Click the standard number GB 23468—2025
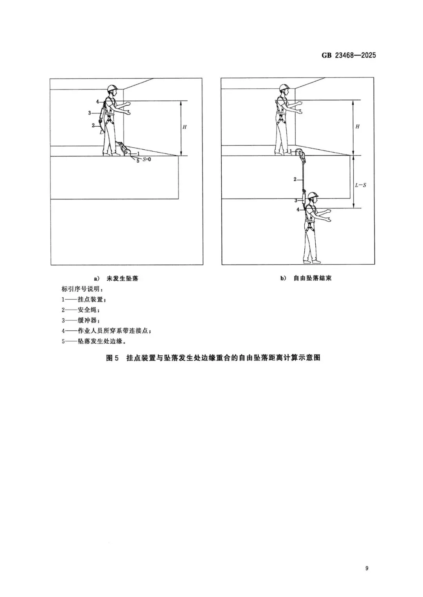pyautogui.click(x=349, y=55)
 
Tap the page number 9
pyautogui.click(x=367, y=568)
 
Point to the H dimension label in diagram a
pyautogui.click(x=184, y=127)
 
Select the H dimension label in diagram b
pyautogui.click(x=357, y=127)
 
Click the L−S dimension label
pyautogui.click(x=360, y=185)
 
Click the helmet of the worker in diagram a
pyautogui.click(x=112, y=88)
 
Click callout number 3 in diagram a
pyautogui.click(x=89, y=113)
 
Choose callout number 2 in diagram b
pyautogui.click(x=295, y=179)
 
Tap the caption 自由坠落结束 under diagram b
pyautogui.click(x=313, y=278)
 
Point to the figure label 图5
pyautogui.click(x=112, y=358)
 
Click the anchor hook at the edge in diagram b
pyautogui.click(x=303, y=156)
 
